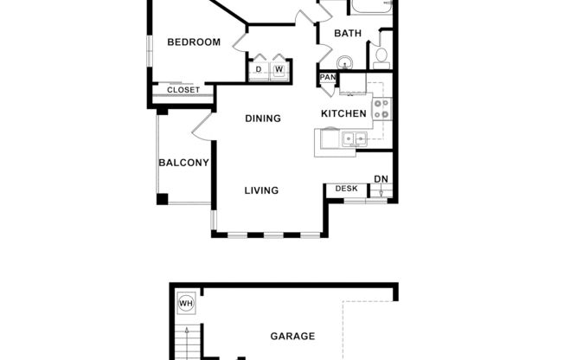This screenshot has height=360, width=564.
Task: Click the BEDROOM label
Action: tap(194, 42)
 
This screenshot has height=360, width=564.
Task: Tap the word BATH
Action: tap(348, 34)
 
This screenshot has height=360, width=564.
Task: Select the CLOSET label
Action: tap(183, 90)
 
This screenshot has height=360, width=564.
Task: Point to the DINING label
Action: tap(263, 119)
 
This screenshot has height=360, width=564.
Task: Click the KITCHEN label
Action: tap(344, 114)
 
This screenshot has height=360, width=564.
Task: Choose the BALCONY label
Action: tap(183, 163)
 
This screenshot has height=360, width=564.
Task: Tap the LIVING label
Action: tap(261, 190)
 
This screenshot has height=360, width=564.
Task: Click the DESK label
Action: tap(346, 189)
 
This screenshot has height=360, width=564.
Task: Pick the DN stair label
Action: tap(381, 180)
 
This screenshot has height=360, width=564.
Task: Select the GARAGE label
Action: tap(292, 337)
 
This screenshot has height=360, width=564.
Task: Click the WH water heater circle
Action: tap(186, 304)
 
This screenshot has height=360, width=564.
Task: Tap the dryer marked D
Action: tap(259, 69)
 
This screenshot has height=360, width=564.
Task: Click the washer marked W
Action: tap(279, 69)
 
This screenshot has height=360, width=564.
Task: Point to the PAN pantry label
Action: tap(328, 78)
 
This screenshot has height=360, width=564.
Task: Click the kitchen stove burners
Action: tap(381, 109)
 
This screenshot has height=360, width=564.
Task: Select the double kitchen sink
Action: tap(352, 138)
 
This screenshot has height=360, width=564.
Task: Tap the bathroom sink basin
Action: tap(344, 61)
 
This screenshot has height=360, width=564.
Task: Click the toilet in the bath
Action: tap(382, 57)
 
